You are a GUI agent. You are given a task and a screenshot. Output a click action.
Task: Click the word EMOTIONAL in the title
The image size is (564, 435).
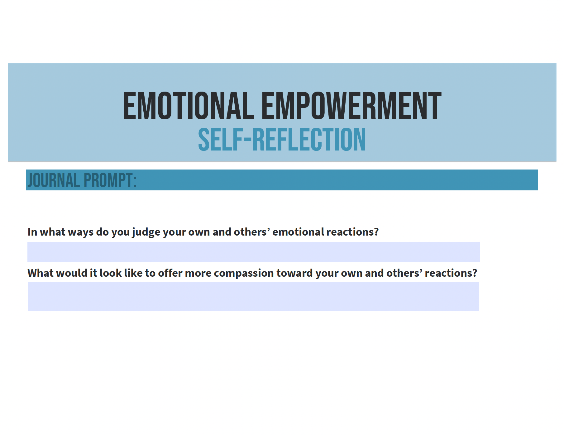coord(189,106)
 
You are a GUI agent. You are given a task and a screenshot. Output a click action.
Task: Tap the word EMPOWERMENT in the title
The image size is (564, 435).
coord(351,106)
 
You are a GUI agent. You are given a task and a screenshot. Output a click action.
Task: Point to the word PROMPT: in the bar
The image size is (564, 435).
coord(110,180)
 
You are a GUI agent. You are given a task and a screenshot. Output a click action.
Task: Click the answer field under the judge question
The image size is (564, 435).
coord(254,252)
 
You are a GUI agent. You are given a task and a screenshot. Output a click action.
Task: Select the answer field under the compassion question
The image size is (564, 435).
coord(254,297)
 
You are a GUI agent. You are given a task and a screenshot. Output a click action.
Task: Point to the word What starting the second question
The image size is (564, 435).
coord(41,273)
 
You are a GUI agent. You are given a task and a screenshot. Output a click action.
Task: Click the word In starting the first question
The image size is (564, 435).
coord(32,232)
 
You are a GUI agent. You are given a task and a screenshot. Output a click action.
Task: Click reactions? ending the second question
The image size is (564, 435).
coord(451,273)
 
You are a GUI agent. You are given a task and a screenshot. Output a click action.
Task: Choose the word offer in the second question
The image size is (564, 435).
coord(170,273)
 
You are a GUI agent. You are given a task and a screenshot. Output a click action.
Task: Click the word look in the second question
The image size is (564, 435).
coord(111,273)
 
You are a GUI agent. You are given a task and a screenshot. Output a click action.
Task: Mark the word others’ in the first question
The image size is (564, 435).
coord(252,232)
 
